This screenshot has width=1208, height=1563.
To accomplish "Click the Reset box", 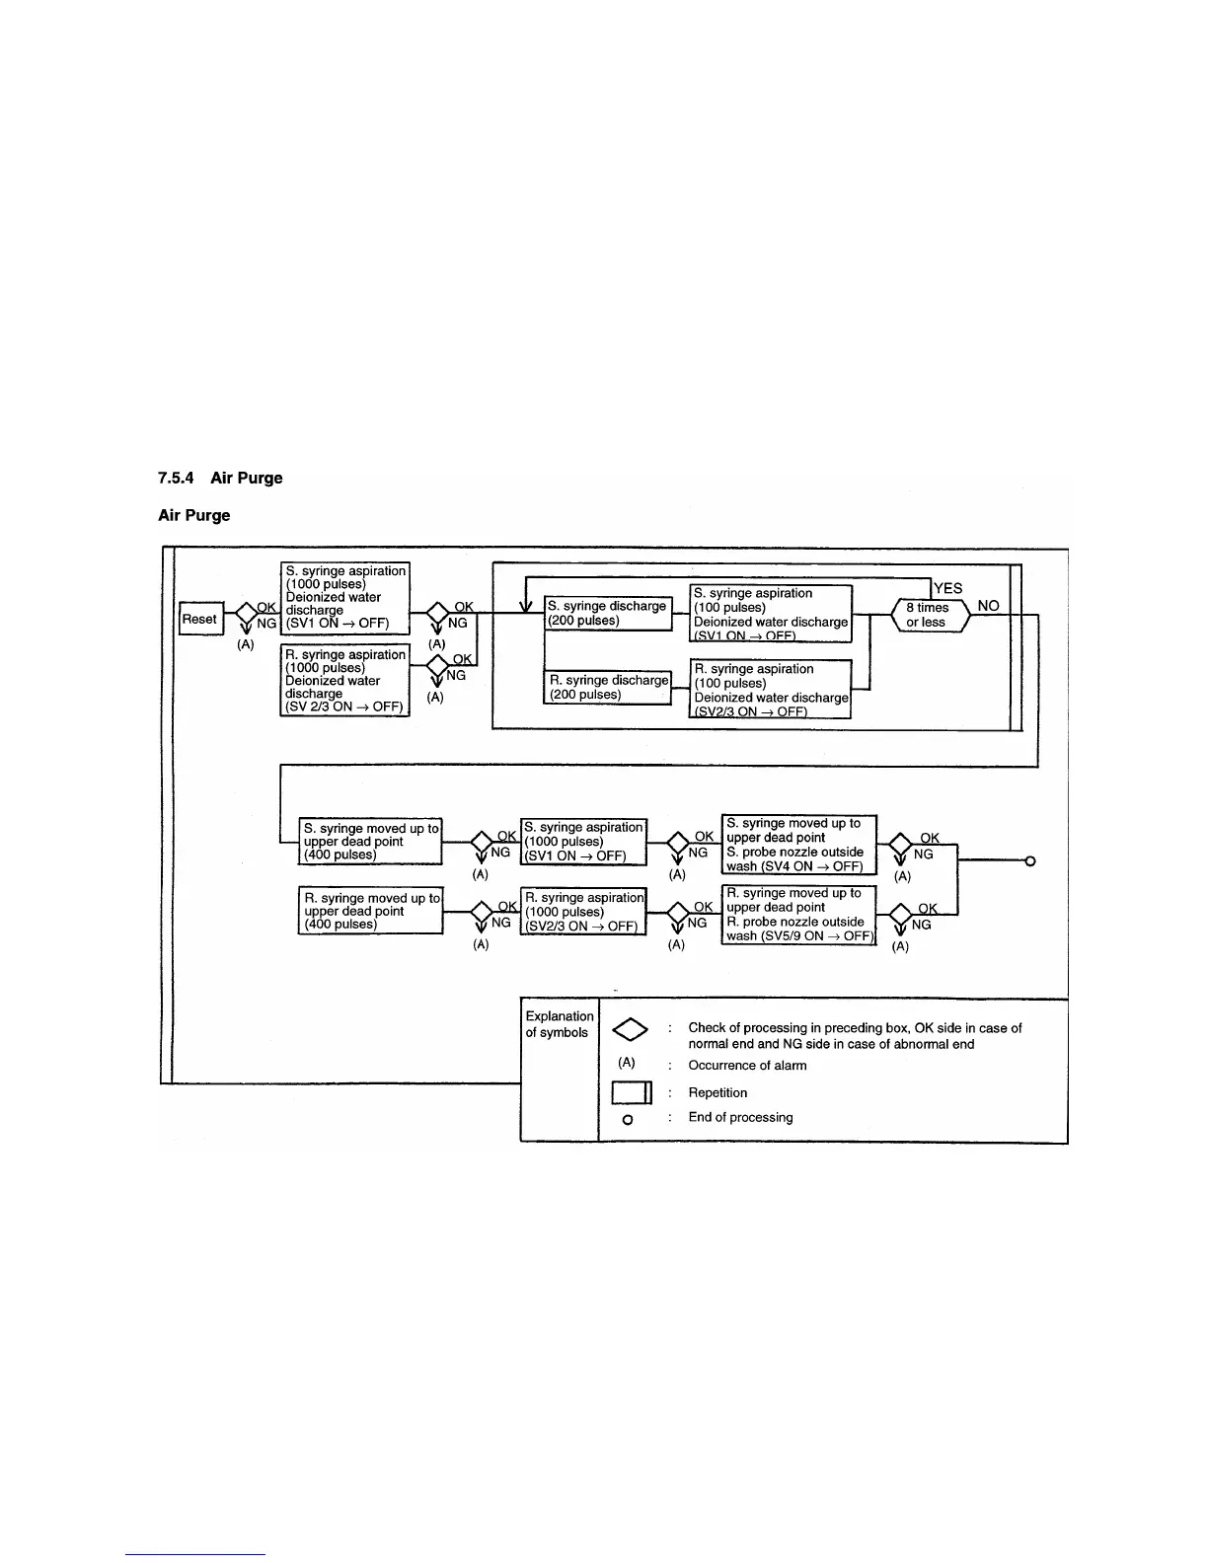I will tap(200, 620).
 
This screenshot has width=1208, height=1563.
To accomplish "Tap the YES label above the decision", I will tap(947, 588).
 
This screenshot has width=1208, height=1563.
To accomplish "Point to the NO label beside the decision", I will tap(988, 606).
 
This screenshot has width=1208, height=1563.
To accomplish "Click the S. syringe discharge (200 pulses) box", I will tap(607, 613).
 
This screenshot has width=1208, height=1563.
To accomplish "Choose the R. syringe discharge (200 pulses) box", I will tap(608, 687).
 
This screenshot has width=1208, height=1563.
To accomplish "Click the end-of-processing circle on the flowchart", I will tap(1030, 861).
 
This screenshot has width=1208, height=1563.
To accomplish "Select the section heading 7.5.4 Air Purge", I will tap(220, 478).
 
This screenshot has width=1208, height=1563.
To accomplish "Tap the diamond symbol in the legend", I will tap(629, 1030).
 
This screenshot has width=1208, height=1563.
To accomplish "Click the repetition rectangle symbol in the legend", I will tap(632, 1092).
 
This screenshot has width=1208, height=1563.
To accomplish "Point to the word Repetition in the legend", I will tap(717, 1092).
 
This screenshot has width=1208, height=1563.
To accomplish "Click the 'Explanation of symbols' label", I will tap(559, 1024).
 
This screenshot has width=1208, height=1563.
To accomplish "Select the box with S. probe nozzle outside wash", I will tap(798, 845).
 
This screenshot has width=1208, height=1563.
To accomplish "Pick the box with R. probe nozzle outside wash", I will tap(798, 915).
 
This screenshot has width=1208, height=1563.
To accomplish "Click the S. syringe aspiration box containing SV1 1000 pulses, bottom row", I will tap(583, 842).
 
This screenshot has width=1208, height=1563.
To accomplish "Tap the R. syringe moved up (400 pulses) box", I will tap(370, 911).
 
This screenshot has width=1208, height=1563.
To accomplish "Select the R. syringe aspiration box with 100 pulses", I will tap(770, 690).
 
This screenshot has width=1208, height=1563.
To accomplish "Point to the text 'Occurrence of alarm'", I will tap(747, 1066).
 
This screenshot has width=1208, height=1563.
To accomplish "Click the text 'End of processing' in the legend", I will tap(740, 1117).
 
